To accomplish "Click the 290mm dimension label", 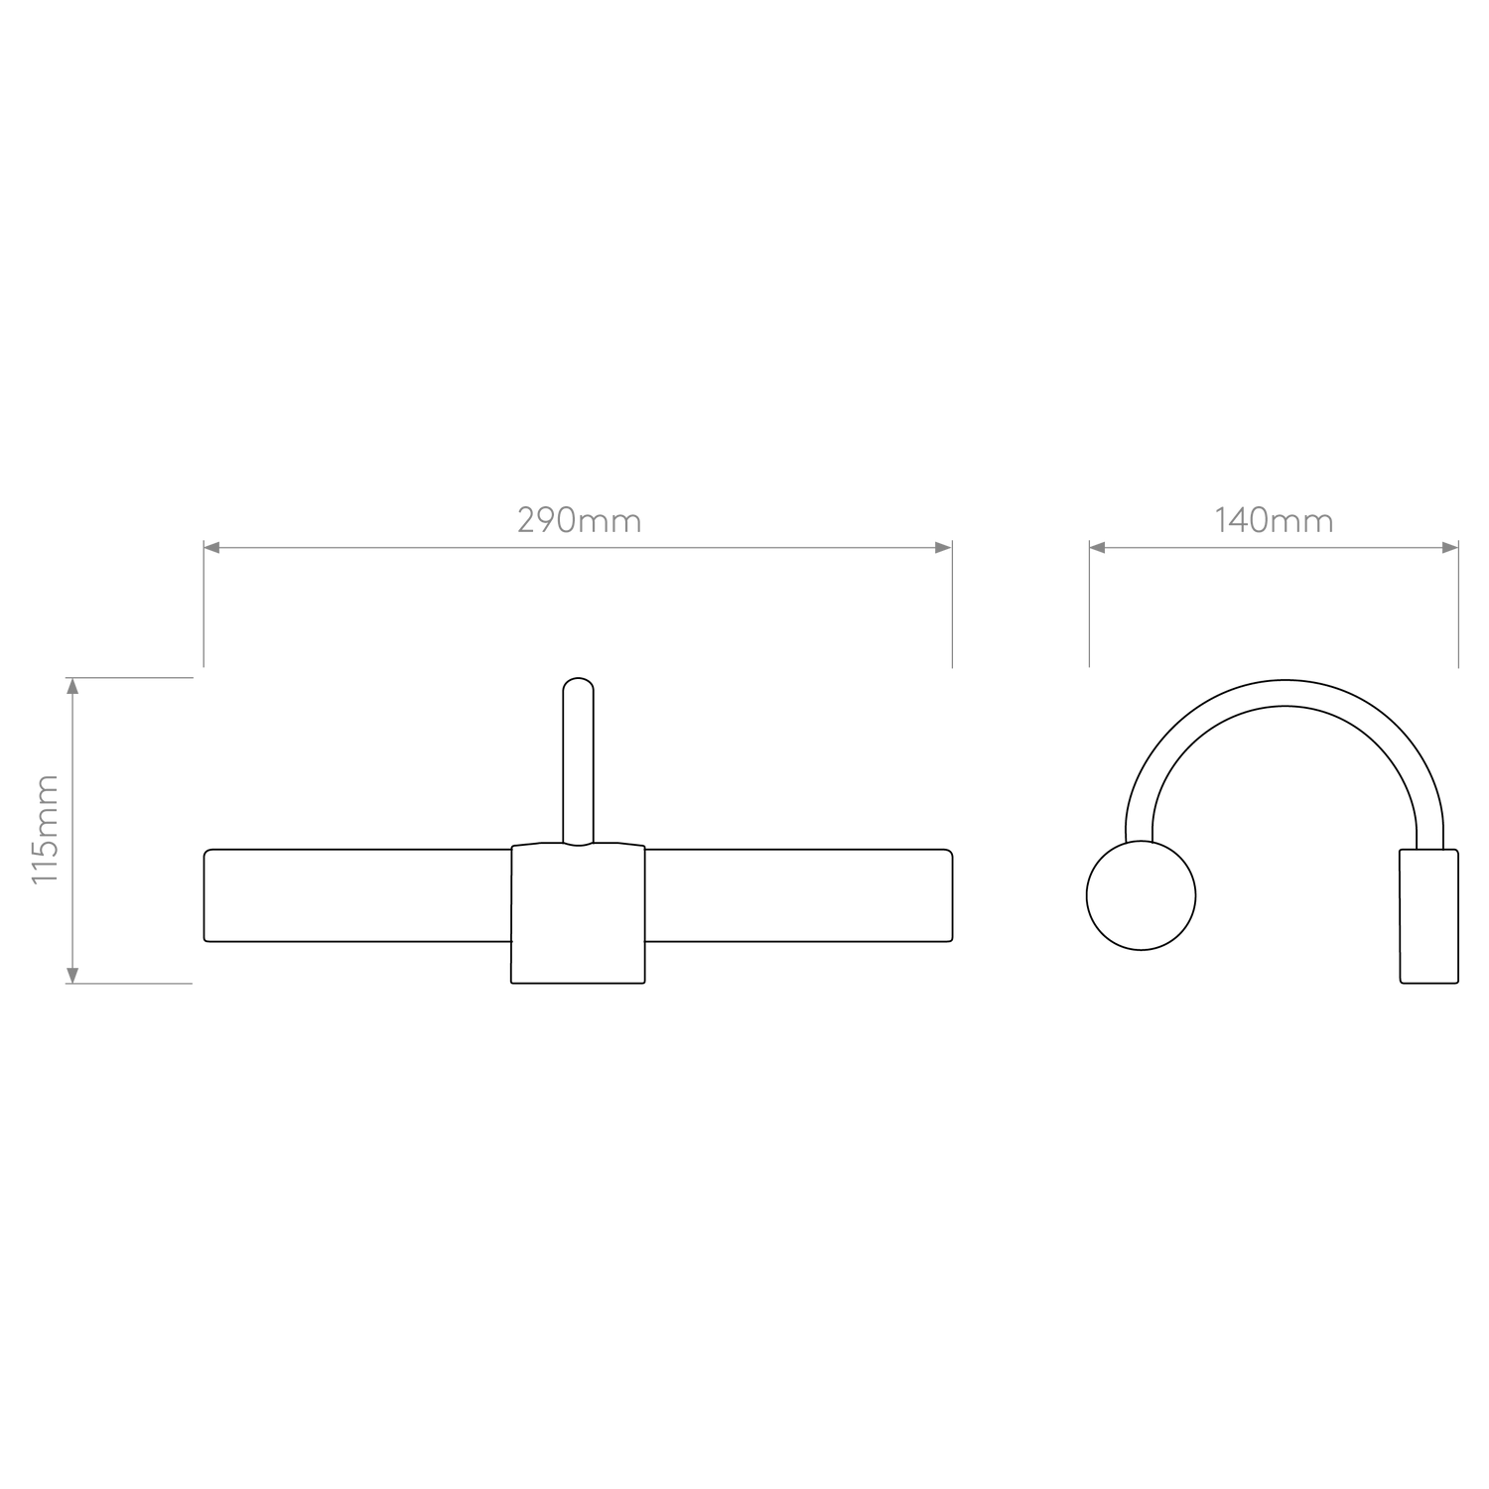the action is coord(580,520).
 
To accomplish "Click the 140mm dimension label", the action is coord(1274,520).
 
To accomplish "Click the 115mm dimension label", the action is coord(47,830).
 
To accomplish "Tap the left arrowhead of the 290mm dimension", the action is coord(210,547).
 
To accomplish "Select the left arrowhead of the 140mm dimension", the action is coord(1097,547).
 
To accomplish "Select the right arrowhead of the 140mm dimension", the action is coord(1450,547).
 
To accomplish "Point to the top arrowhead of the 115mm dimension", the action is coord(71,685).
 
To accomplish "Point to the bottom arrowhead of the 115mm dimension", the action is coord(71,976).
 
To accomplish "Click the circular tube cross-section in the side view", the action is coord(1142,895).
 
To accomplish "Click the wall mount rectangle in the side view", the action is coord(1429,916).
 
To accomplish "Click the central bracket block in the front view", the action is coord(578,913).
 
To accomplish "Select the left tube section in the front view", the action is coord(357,895).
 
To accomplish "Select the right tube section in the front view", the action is coord(798,895).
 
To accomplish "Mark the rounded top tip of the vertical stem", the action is coord(578,679).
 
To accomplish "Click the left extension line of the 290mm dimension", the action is coord(203,604).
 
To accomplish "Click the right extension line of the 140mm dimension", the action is coord(1458,604).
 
